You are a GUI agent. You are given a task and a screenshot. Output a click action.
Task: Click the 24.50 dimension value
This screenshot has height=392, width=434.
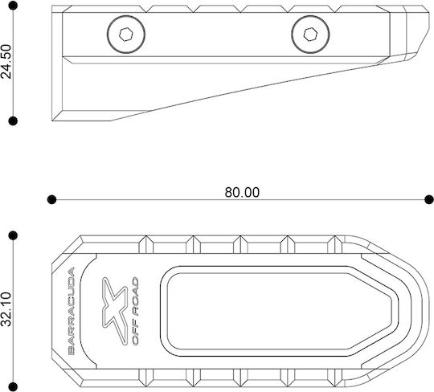click(6, 61)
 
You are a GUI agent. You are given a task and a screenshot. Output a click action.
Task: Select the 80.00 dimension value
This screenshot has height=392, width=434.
click(242, 192)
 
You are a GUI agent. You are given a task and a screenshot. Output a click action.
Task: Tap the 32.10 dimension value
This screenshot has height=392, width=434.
click(6, 309)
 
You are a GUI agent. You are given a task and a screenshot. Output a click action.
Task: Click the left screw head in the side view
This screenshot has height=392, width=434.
click(126, 35)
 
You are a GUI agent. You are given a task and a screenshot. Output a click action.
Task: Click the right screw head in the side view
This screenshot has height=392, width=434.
click(310, 35)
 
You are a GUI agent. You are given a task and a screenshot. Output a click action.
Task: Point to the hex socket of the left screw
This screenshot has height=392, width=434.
click(126, 35)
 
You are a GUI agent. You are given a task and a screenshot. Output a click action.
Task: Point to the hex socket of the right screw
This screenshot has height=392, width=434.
click(310, 35)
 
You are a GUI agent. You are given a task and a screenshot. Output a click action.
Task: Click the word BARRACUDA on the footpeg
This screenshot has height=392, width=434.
click(72, 311)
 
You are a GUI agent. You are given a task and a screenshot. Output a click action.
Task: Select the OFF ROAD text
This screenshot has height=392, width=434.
click(135, 311)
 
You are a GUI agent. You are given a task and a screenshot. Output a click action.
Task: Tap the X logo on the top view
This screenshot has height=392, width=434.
click(115, 311)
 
